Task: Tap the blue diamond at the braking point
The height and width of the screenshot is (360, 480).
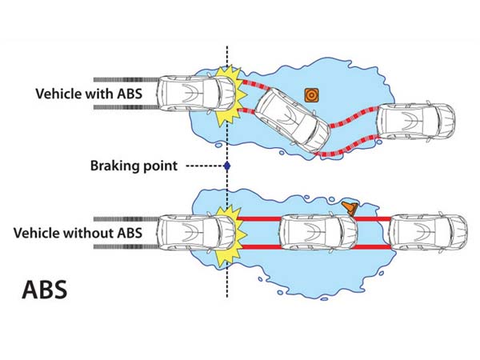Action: click(x=227, y=166)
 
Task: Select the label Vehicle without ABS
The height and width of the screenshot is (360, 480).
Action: click(x=78, y=233)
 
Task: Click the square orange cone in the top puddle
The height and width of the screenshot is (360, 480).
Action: click(x=311, y=94)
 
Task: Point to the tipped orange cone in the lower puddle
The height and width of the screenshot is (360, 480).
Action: click(x=350, y=208)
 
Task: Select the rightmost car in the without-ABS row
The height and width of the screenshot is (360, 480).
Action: click(x=427, y=232)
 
